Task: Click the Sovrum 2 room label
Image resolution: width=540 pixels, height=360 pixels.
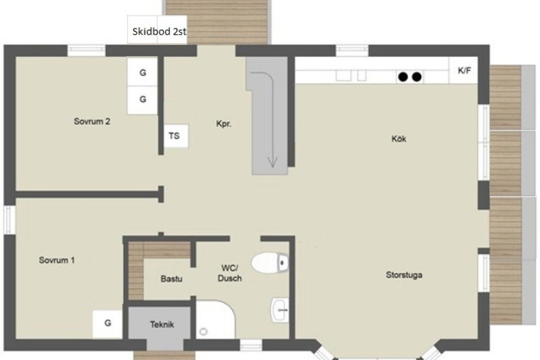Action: [92, 122]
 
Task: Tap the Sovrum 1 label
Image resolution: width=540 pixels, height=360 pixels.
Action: [57, 260]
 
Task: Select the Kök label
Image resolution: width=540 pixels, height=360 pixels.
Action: [399, 139]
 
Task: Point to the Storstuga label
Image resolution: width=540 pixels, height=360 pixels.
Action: [404, 275]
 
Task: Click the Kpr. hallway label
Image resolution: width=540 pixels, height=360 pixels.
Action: [223, 124]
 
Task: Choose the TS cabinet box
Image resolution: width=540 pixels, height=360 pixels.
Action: [176, 136]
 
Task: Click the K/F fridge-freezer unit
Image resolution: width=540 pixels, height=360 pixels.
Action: [463, 71]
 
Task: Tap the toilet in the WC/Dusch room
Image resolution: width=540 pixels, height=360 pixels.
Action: [270, 263]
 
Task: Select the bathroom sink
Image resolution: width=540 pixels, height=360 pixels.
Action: [280, 310]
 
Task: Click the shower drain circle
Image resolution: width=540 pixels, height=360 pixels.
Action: [204, 331]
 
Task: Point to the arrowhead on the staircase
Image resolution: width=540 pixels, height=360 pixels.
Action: [272, 162]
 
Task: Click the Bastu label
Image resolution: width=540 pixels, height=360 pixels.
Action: [171, 278]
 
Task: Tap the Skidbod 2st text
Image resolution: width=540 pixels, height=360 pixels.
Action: [159, 31]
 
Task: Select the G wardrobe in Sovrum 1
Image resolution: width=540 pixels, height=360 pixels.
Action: [107, 324]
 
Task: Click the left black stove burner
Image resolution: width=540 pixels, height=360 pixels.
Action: [403, 77]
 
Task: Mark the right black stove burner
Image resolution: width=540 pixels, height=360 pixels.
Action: [416, 77]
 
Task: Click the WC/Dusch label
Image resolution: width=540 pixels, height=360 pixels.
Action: [230, 273]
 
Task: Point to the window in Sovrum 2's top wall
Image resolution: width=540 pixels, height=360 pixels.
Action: [86, 51]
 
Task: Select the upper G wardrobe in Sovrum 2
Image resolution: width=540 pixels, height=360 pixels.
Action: [143, 72]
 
